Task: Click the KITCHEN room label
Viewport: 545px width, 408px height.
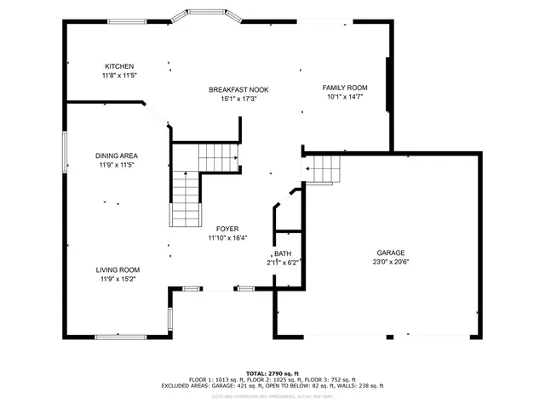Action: coord(119,66)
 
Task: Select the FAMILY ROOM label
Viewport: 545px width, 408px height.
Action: coord(344,88)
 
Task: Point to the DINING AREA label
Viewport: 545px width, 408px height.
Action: coord(117,156)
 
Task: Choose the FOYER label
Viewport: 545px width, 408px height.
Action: coord(227,229)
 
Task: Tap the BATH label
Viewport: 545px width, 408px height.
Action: coord(282,254)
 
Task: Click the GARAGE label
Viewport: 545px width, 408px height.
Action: coord(391,252)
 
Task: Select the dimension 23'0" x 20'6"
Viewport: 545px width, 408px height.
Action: coord(391,262)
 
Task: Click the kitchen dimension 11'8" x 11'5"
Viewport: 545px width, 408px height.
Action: coord(119,76)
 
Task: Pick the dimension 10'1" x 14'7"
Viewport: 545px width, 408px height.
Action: coord(344,97)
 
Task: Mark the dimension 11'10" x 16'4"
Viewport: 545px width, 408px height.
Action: coord(227,238)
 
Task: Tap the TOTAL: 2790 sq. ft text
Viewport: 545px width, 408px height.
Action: coord(272,373)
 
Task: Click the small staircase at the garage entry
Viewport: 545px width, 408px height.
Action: coord(324,169)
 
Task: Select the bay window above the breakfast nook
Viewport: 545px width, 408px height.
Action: coord(206,17)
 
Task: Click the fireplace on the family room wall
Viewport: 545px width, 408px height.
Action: coord(390,84)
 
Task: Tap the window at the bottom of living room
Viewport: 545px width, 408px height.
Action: coord(120,337)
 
